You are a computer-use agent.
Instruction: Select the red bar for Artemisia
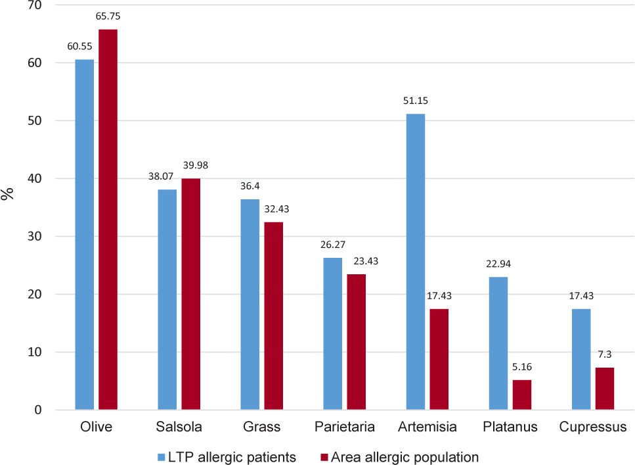[x=439, y=359]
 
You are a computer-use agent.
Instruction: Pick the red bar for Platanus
[x=521, y=395]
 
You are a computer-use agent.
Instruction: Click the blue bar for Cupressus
[x=581, y=359]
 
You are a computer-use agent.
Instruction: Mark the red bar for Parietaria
[x=356, y=342]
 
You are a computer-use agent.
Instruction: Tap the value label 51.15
[x=415, y=101]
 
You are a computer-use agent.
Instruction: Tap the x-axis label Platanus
[x=509, y=427]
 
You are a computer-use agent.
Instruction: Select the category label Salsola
[x=178, y=427]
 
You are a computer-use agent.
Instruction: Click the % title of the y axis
[x=8, y=193]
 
